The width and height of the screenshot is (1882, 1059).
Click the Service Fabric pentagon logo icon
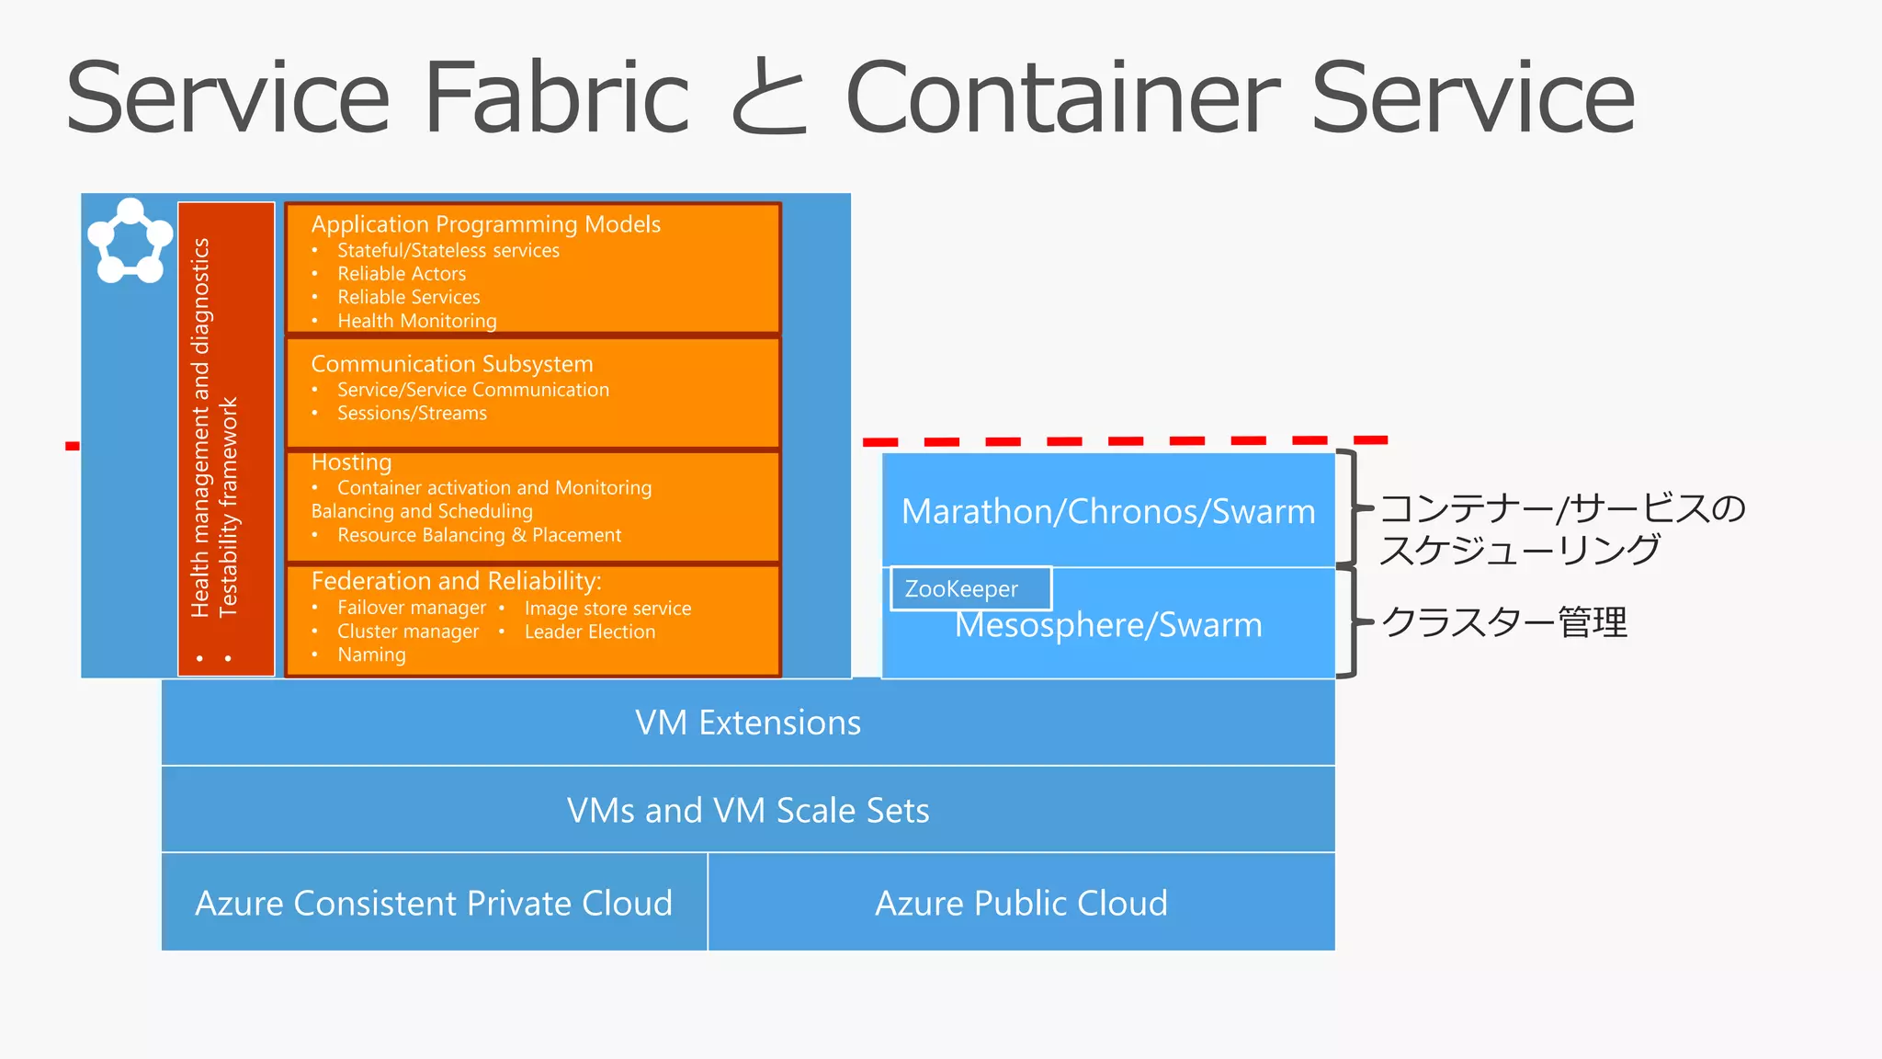click(130, 241)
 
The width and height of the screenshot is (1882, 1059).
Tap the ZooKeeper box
click(969, 588)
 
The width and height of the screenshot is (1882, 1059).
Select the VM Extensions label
click(748, 723)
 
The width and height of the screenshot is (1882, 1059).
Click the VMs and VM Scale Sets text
click(748, 811)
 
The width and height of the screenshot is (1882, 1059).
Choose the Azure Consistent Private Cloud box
click(434, 903)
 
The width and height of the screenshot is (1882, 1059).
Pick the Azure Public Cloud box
click(1021, 903)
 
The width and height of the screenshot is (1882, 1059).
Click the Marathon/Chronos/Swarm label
click(1108, 511)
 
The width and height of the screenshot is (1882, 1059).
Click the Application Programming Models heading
click(485, 224)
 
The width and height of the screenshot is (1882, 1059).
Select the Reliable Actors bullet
click(402, 274)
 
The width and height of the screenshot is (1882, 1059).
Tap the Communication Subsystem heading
click(451, 364)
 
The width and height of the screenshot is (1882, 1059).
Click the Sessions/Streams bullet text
click(412, 414)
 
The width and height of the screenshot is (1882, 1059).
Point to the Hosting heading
click(351, 462)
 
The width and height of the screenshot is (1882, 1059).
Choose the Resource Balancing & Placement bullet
click(479, 535)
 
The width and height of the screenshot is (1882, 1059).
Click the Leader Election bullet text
click(590, 632)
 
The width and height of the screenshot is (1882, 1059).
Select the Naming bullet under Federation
click(371, 655)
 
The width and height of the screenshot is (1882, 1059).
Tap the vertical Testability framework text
click(228, 506)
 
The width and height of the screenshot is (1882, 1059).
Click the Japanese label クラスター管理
click(1504, 622)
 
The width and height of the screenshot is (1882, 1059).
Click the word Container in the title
click(1060, 97)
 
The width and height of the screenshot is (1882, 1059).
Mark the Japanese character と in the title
click(767, 97)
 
